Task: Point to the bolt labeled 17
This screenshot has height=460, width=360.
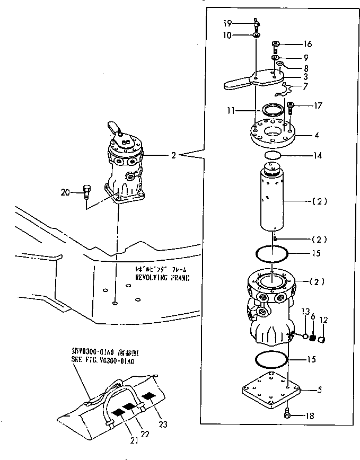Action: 290,108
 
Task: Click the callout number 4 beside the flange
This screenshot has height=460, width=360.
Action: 317,136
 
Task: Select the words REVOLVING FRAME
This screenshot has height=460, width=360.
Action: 162,277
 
